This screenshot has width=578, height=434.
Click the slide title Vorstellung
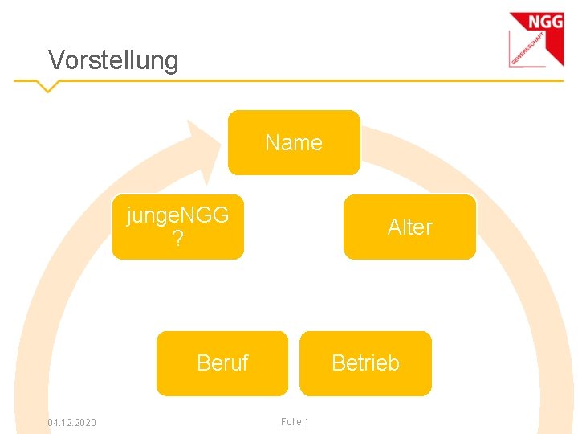113,60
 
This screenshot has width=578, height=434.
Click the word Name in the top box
294,143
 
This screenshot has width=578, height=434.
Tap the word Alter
409,227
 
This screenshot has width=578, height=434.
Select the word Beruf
222,363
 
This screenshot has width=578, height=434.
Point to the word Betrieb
365,363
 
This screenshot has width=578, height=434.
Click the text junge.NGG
177,215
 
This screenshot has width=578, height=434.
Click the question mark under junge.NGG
177,238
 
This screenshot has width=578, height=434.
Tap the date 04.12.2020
71,422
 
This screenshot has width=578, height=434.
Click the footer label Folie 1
295,422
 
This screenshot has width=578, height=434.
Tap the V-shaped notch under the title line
47,85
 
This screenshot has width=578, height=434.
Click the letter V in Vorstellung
55,60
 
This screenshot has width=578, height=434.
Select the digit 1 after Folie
306,422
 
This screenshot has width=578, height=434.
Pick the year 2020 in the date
85,422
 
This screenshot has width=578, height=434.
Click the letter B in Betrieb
338,363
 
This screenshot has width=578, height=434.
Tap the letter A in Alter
394,227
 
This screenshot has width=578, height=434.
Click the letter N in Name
272,143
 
